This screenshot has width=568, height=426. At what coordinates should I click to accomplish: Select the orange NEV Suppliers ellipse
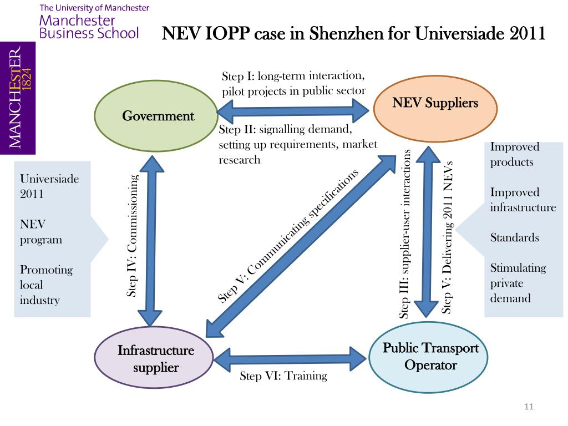pyautogui.click(x=435, y=104)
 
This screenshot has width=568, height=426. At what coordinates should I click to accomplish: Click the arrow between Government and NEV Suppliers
pyautogui.click(x=292, y=111)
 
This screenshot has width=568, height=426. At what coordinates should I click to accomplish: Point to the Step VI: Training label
pyautogui.click(x=283, y=376)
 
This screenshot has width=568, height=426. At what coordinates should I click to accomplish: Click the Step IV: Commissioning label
pyautogui.click(x=132, y=236)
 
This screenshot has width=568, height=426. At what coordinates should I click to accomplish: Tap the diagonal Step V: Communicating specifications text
pyautogui.click(x=288, y=237)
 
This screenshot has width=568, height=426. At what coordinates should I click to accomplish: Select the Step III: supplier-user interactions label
pyautogui.click(x=405, y=234)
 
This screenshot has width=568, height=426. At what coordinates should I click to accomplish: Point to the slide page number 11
pyautogui.click(x=528, y=408)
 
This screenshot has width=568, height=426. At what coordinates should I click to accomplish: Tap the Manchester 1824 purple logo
pyautogui.click(x=18, y=98)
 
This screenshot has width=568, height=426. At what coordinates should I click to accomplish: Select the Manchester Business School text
pyautogui.click(x=89, y=27)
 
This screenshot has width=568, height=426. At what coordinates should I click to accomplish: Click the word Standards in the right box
pyautogui.click(x=514, y=238)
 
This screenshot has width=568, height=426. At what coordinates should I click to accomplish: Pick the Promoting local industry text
pyautogui.click(x=46, y=285)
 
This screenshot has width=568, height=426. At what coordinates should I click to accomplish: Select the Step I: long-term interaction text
pyautogui.click(x=293, y=76)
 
